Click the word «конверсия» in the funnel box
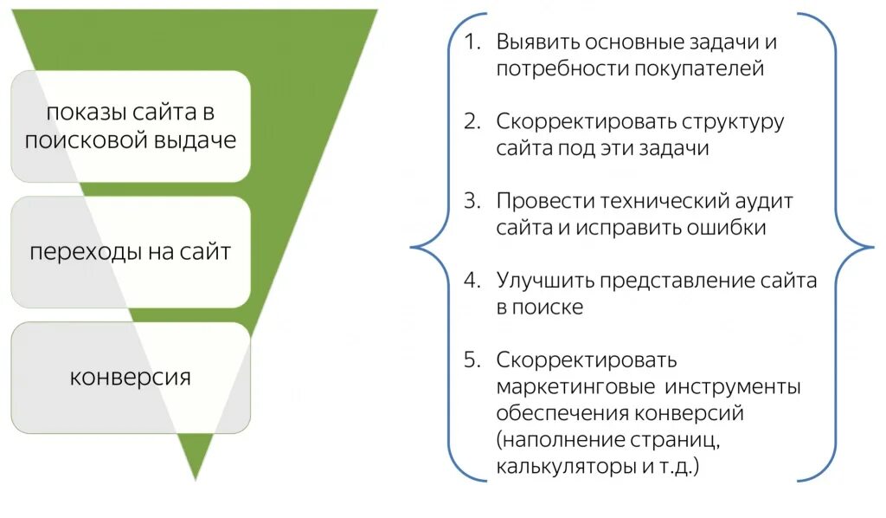(x=130, y=379)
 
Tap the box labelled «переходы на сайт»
(x=130, y=252)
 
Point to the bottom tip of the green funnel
(x=198, y=477)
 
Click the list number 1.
(x=471, y=42)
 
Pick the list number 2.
(x=471, y=121)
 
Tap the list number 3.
(x=471, y=200)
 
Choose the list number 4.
(x=471, y=280)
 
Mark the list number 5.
(x=471, y=359)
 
